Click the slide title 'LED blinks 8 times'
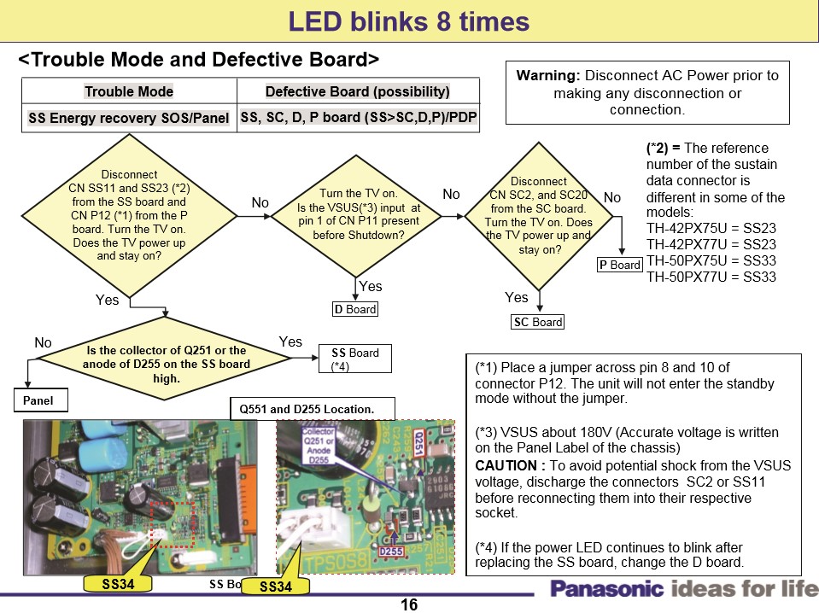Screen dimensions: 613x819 [408, 21]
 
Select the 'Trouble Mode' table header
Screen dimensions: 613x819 [129, 91]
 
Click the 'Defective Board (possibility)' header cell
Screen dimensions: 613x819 [357, 91]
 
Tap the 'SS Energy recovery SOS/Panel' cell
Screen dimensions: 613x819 [129, 118]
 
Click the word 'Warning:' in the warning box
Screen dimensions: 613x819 [548, 75]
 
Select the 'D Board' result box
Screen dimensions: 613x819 [354, 309]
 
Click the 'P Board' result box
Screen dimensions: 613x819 [619, 265]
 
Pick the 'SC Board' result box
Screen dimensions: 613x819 [537, 322]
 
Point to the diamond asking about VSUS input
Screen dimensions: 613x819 [358, 214]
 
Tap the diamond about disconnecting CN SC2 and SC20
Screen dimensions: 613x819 [539, 216]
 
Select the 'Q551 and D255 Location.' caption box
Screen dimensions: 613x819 [313, 409]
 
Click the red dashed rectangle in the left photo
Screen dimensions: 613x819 [173, 524]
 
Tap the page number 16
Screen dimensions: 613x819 [408, 604]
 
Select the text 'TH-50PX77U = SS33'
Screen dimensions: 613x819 [711, 277]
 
